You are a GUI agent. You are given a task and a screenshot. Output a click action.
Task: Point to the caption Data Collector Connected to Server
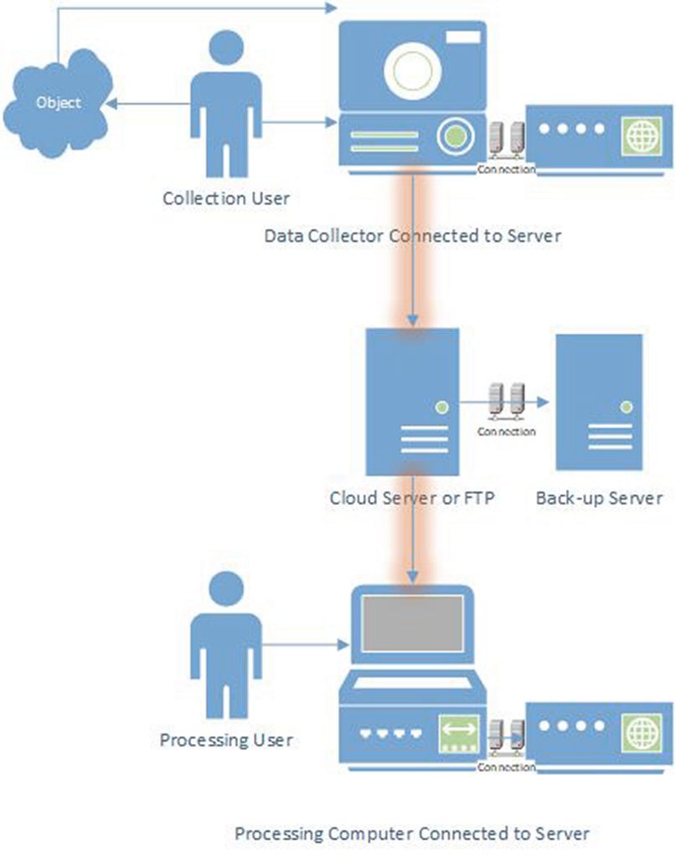412,236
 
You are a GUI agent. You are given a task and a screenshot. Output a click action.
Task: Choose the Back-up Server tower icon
599,402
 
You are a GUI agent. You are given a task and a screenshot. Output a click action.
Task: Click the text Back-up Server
599,499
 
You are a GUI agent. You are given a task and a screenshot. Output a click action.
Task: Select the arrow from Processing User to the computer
306,645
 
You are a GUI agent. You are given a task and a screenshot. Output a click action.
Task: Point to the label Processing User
225,740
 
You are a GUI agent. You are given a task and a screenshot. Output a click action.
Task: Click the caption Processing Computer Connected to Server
412,834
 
